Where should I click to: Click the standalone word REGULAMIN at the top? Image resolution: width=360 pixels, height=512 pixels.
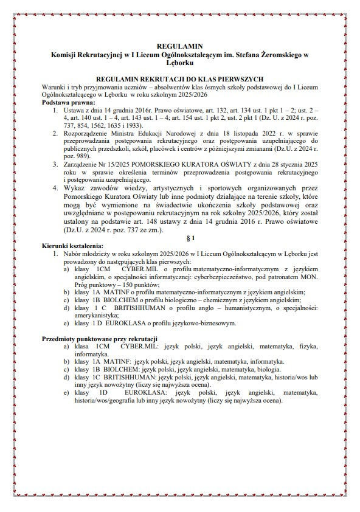coord(179,46)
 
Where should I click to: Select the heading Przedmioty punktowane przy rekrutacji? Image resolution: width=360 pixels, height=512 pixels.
coord(100,338)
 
